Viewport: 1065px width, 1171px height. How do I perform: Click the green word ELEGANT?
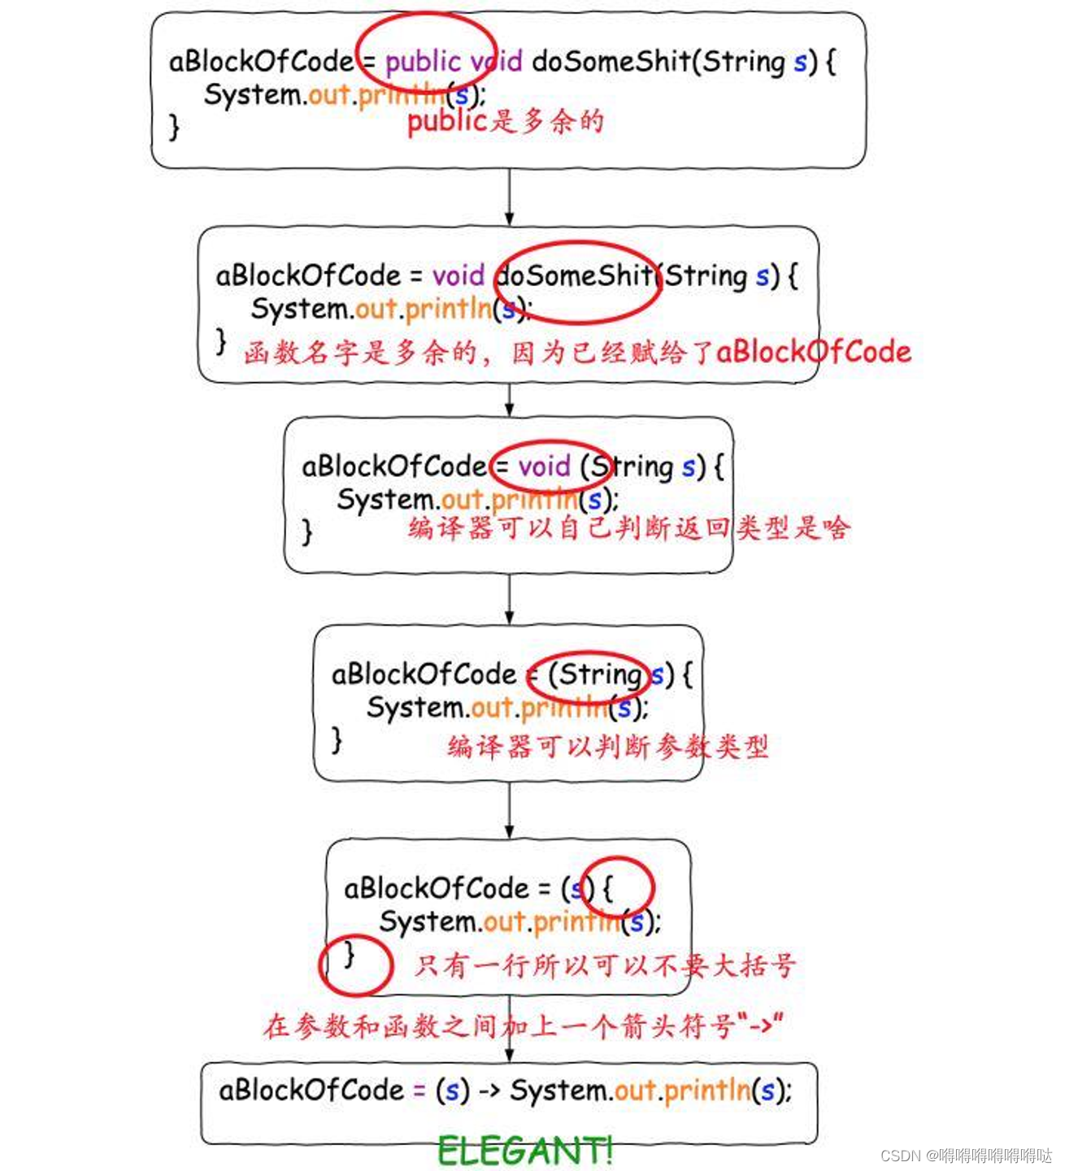tap(524, 1150)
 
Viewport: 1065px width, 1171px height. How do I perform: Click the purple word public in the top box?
tap(423, 62)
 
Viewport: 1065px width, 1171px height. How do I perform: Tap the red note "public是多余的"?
tap(505, 122)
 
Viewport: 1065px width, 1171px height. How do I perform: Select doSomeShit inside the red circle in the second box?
tap(576, 276)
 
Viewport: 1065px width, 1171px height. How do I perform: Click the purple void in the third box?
tap(544, 466)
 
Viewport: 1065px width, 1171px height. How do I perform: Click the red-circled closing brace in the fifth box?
tap(350, 954)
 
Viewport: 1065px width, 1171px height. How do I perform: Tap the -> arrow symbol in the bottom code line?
tap(489, 1091)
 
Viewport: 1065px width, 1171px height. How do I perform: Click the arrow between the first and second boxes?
tap(509, 197)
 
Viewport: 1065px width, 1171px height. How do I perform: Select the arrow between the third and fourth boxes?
tap(509, 599)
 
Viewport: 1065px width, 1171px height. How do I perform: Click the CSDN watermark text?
tap(966, 1155)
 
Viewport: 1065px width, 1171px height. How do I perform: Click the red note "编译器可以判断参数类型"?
tap(607, 746)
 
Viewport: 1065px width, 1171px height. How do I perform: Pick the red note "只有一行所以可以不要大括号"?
tap(604, 965)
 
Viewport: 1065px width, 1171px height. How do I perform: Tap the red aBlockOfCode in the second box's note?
tap(813, 352)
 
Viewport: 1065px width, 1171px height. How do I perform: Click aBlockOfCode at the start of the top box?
tap(261, 62)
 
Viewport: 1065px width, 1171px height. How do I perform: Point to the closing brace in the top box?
tap(174, 128)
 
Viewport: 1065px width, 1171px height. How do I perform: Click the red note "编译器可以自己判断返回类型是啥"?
tap(628, 528)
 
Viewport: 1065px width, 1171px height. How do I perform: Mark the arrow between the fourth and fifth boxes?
tap(509, 810)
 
